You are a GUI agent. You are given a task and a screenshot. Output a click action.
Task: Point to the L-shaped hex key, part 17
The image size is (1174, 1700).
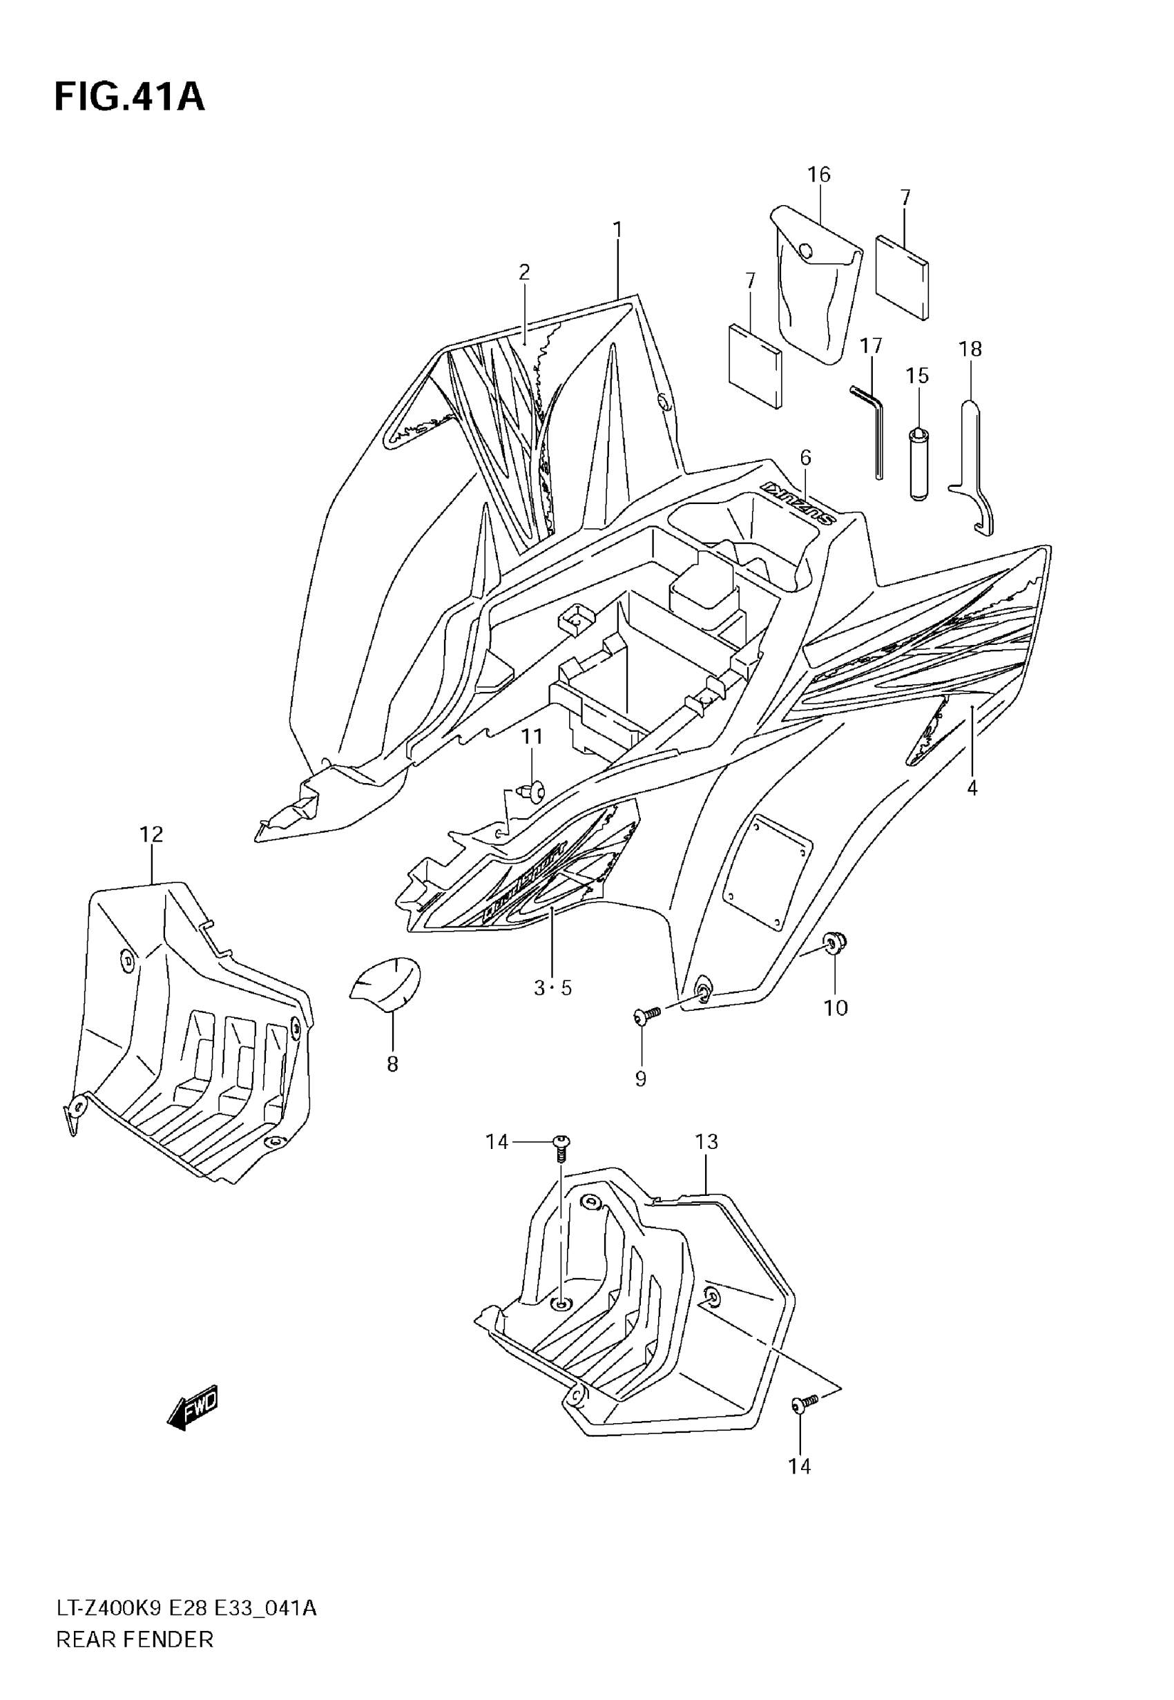[x=871, y=427]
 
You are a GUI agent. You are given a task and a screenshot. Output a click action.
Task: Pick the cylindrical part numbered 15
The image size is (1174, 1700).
[x=917, y=463]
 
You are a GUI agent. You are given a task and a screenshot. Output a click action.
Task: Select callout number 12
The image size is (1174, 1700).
[x=151, y=834]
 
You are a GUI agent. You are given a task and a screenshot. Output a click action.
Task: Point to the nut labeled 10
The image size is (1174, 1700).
[x=835, y=941]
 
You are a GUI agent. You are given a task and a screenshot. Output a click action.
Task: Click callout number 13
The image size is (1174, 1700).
[x=706, y=1142]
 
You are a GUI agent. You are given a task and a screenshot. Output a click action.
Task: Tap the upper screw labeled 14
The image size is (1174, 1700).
[x=561, y=1143]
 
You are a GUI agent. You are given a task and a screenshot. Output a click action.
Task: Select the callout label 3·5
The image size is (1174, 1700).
[x=552, y=987]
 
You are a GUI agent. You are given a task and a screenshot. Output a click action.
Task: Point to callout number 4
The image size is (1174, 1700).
[x=972, y=789]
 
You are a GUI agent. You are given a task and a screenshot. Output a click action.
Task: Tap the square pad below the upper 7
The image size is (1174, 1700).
[x=902, y=277]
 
